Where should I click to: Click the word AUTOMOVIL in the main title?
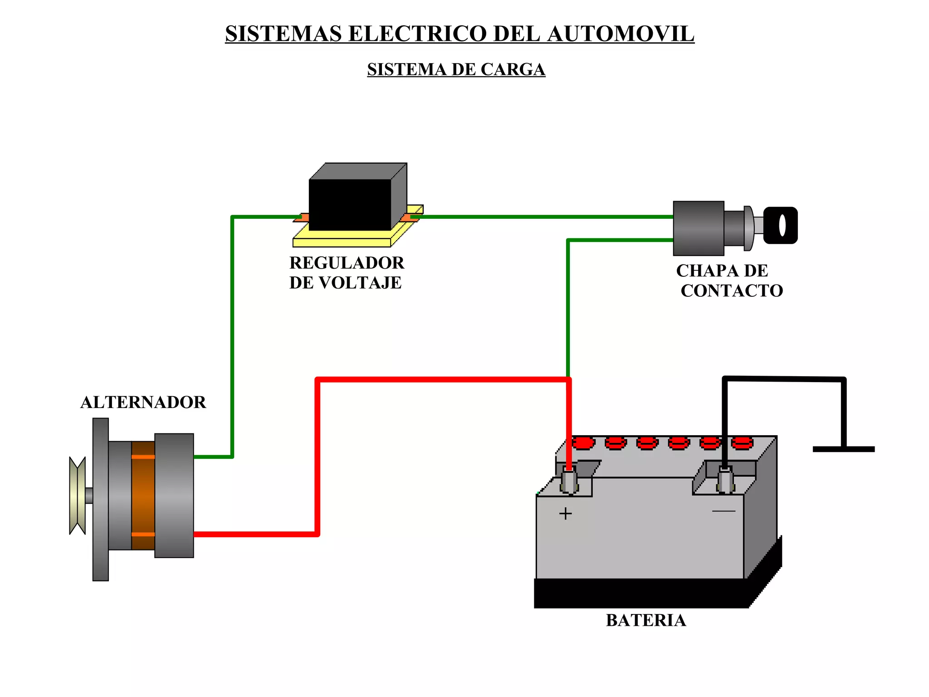(x=621, y=34)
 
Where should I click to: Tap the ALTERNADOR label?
(x=143, y=402)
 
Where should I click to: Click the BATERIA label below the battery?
(x=645, y=620)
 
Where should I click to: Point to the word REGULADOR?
(x=347, y=263)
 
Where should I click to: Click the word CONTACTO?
(x=731, y=291)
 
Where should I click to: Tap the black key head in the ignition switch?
(x=780, y=226)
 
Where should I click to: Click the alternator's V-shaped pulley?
(x=77, y=496)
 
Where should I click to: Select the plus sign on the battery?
(x=565, y=514)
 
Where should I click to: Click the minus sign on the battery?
(x=724, y=511)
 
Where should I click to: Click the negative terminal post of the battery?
(x=725, y=481)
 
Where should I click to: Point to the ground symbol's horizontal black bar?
(x=843, y=449)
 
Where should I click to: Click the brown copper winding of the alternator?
(x=143, y=496)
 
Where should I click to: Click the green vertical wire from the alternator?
(x=232, y=336)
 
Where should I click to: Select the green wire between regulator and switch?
(x=544, y=217)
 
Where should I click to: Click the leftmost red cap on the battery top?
(x=583, y=442)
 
